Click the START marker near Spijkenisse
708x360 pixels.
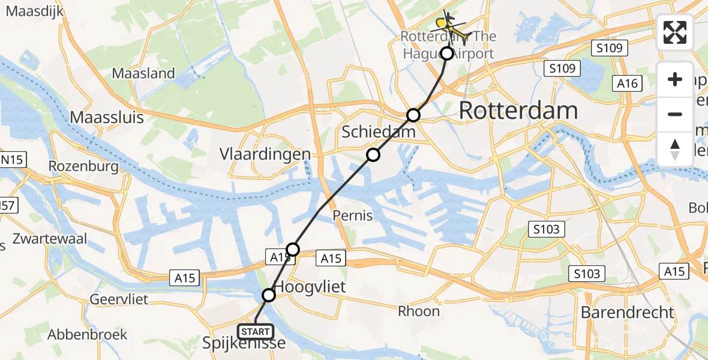256,331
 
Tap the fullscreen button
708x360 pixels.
675,32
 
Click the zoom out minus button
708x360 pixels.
675,114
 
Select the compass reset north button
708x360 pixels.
675,149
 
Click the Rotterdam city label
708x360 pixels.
518,111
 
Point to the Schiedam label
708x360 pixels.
378,132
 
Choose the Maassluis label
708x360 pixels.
107,117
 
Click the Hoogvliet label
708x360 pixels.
310,287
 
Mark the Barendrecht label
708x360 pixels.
627,313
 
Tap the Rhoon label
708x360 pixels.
419,311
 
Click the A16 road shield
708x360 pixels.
628,83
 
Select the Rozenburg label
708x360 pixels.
83,166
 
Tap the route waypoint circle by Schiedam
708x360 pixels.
373,155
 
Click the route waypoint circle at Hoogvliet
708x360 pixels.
269,295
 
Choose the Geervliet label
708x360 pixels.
119,299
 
